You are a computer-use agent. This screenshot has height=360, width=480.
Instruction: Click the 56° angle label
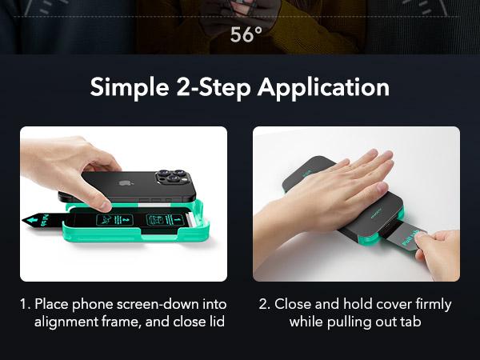click(246, 34)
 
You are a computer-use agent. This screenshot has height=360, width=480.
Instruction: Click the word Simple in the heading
click(130, 88)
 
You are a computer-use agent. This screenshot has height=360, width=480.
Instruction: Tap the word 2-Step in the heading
click(214, 88)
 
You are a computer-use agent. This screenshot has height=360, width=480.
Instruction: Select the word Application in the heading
click(323, 88)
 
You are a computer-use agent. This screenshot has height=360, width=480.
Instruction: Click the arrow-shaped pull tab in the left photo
click(44, 220)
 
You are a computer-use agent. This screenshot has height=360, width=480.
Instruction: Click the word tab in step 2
click(410, 322)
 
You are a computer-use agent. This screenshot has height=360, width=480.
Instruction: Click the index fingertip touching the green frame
click(105, 206)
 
